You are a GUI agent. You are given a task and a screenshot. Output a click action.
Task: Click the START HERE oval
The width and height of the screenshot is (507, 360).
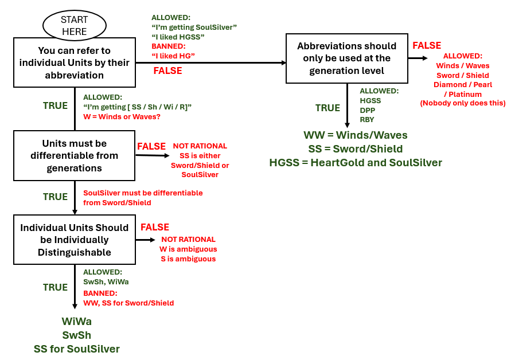click(x=75, y=26)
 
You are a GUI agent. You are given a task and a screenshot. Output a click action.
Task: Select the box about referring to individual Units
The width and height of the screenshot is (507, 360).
click(x=75, y=62)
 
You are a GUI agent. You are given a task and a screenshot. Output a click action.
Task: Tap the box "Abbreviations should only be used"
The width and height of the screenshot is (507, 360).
click(x=346, y=58)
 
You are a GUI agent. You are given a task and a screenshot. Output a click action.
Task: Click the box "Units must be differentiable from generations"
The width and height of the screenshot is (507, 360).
click(x=75, y=155)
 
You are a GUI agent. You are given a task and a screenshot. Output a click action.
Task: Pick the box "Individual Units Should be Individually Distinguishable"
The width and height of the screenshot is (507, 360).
click(x=75, y=240)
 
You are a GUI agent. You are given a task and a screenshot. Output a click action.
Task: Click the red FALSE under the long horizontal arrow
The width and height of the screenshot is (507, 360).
click(x=167, y=71)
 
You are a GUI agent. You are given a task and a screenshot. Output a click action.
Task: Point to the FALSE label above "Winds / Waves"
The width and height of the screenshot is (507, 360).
click(x=427, y=45)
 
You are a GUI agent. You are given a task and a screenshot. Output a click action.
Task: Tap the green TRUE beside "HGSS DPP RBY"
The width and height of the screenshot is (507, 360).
click(x=328, y=108)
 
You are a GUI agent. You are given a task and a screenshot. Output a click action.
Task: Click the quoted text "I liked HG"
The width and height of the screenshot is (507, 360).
click(x=173, y=56)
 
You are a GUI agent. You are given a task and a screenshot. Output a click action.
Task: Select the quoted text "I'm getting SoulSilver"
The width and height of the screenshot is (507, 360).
click(x=194, y=27)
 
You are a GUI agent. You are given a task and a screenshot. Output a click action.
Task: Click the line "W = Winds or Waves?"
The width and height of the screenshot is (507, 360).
click(x=122, y=116)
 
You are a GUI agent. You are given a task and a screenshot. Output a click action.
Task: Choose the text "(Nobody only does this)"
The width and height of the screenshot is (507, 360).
click(x=463, y=103)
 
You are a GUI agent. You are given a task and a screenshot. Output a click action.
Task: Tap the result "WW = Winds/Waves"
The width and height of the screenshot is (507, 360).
click(x=356, y=135)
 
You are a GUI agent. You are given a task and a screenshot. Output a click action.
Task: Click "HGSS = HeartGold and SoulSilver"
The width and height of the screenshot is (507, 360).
click(x=356, y=163)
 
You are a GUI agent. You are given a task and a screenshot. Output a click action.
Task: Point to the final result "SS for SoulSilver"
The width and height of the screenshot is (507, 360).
click(x=76, y=349)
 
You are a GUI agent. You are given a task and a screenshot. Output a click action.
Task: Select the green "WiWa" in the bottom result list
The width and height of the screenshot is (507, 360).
click(x=76, y=321)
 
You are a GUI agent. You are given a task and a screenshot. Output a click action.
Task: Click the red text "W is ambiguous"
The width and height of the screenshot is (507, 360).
click(x=188, y=249)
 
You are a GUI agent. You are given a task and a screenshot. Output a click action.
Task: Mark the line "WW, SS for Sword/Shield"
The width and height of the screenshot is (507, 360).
click(x=128, y=303)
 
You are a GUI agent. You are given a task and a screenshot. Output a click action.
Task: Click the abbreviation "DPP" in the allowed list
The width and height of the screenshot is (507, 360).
click(x=368, y=110)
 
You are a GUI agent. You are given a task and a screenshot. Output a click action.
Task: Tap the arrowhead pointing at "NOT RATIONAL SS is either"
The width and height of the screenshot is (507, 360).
click(x=167, y=155)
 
